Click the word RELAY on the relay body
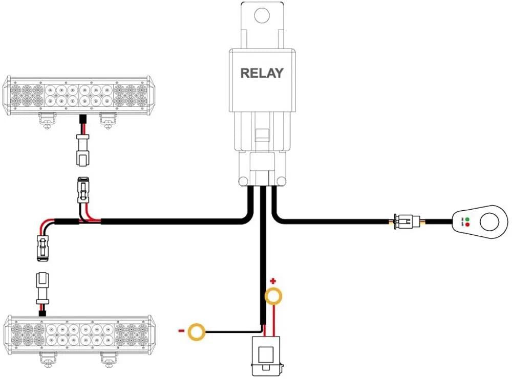262,73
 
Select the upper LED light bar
79,95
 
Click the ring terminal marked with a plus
273,297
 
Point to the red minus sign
181,331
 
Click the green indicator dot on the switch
467,219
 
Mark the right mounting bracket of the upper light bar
107,120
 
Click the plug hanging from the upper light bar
81,151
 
